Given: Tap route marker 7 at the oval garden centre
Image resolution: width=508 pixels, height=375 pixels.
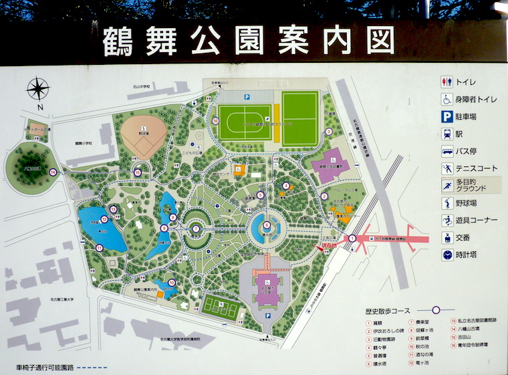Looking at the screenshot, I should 196,229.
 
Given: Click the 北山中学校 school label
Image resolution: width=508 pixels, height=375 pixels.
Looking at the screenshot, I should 142,88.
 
